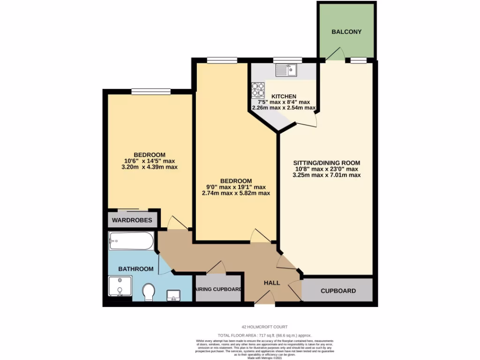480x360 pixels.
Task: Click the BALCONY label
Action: (346, 32)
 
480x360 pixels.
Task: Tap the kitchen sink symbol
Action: (286, 71)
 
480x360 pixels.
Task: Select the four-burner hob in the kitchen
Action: (258, 89)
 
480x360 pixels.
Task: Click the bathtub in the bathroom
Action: (131, 241)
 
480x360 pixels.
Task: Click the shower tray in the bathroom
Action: (120, 286)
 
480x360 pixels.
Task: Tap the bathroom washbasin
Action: (174, 295)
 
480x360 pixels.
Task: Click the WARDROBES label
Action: (132, 219)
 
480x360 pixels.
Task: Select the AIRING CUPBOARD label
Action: (218, 289)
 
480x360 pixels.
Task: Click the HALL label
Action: (272, 283)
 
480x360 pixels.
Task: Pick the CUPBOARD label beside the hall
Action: (338, 291)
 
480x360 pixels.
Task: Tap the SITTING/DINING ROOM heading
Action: (327, 163)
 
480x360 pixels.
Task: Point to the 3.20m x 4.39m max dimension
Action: (150, 167)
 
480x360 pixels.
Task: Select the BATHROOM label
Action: (135, 269)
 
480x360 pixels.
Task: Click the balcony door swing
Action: (335, 54)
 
